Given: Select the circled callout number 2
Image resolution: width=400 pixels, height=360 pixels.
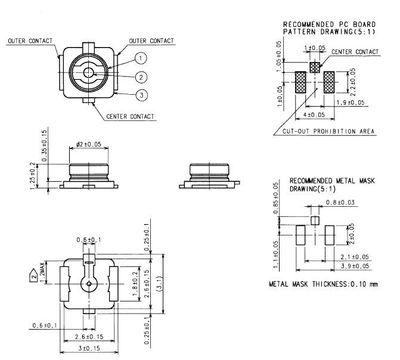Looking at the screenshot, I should (x=141, y=76).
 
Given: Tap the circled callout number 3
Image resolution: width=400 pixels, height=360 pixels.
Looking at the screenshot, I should (x=141, y=94).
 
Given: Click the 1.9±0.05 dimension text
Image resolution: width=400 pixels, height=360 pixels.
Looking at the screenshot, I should (x=349, y=102).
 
